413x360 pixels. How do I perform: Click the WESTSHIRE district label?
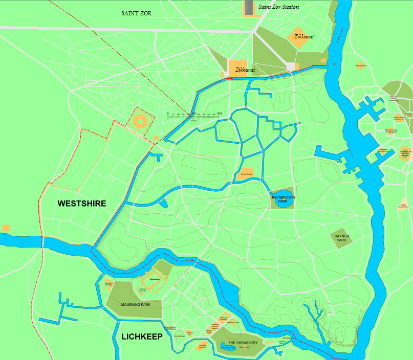point(82,204)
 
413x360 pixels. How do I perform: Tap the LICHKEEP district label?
point(142,337)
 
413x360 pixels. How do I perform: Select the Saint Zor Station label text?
point(278,7)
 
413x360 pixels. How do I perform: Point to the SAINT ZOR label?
point(137,13)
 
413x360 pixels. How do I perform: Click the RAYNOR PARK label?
point(341,238)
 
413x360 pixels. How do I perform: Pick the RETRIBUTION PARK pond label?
point(283,199)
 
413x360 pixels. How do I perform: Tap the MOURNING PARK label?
point(136,305)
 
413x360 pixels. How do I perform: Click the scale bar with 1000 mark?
point(194,117)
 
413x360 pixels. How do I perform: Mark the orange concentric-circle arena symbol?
point(141,122)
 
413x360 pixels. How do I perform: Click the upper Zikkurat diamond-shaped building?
point(300,38)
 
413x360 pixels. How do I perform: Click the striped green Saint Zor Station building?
point(249,8)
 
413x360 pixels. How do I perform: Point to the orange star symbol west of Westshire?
point(6,227)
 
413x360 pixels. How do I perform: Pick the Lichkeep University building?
point(224,318)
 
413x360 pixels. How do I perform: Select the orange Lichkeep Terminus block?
point(203,346)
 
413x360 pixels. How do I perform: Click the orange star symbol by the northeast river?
point(323,61)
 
